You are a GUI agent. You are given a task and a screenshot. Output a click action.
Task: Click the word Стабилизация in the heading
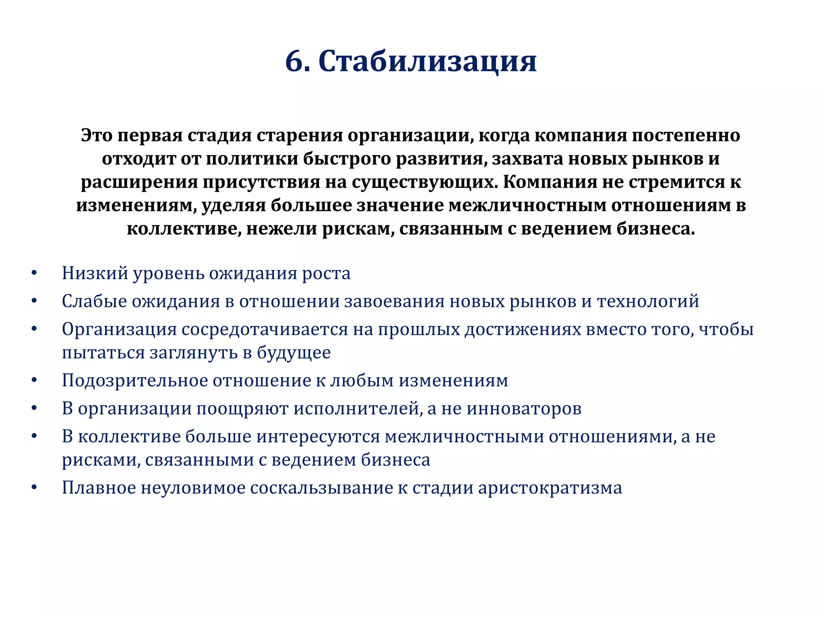[427, 62]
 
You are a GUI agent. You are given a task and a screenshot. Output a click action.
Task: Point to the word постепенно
[686, 135]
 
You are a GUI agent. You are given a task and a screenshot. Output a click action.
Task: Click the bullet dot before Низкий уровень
[34, 274]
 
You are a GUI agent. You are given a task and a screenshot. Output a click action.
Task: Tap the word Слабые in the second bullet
[94, 301]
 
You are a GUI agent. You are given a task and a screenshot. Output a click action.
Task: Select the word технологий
[648, 301]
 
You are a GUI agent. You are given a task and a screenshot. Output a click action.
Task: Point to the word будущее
[294, 353]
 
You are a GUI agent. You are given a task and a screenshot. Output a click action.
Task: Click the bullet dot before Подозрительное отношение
[34, 380]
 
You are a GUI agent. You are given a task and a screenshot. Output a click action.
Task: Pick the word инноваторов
[524, 409]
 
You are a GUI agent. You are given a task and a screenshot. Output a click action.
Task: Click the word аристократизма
[550, 488]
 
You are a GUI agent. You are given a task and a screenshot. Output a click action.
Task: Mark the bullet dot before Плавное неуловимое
[34, 488]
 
